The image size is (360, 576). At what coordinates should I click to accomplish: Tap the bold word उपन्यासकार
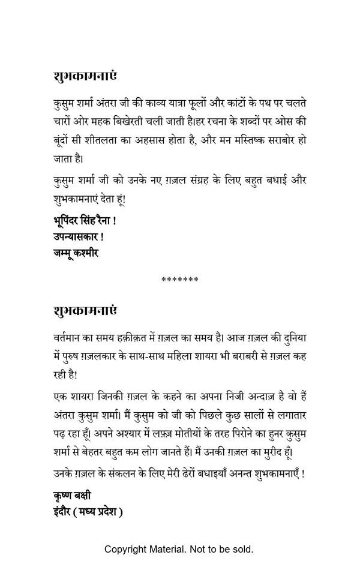[x=76, y=236]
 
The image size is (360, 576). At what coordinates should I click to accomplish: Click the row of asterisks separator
[x=180, y=280]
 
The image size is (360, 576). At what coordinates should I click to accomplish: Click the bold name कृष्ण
[x=62, y=496]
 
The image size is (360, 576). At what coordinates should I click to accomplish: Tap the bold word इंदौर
[x=61, y=512]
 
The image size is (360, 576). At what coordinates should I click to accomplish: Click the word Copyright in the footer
[x=127, y=549]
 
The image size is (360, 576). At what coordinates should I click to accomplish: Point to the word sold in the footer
[x=241, y=549]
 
